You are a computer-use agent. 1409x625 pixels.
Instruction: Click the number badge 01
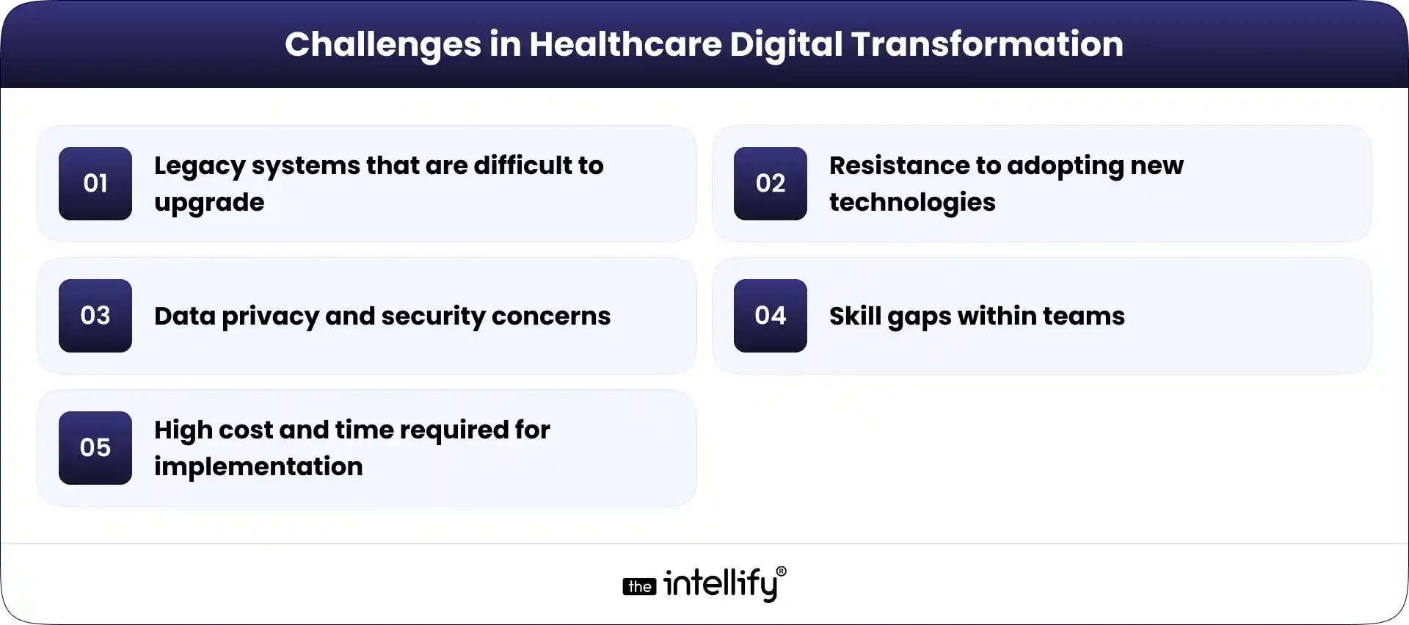click(95, 184)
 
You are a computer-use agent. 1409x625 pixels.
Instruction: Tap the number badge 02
click(771, 184)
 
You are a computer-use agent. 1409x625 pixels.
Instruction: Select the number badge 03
click(95, 316)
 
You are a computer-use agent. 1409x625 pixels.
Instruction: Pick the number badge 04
click(771, 316)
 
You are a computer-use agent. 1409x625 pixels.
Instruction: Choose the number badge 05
click(95, 448)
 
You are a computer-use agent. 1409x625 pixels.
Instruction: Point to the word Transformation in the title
click(987, 44)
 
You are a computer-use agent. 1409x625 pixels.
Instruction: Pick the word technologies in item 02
click(912, 202)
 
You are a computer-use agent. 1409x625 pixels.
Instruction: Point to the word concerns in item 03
click(551, 317)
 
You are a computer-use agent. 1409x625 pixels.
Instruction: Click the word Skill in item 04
click(854, 316)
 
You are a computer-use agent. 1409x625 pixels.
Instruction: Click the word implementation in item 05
click(258, 467)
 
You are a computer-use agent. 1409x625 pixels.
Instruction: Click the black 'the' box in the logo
click(639, 587)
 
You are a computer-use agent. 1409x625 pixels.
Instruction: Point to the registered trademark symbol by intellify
click(781, 571)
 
